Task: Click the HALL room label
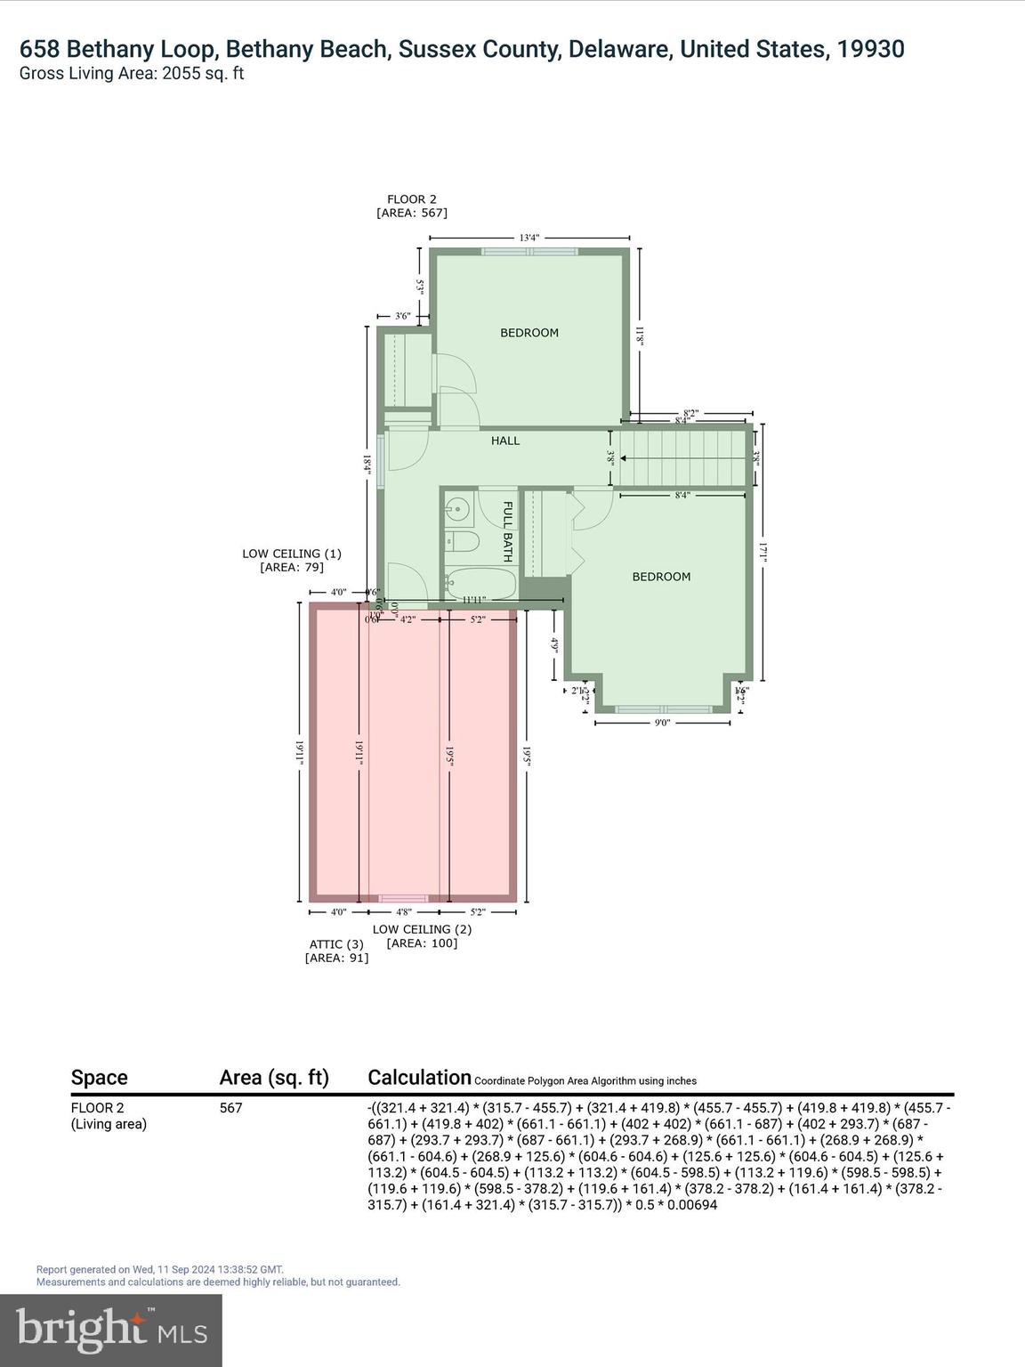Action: click(505, 441)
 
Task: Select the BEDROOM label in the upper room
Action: click(529, 333)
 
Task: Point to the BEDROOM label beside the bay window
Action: click(661, 577)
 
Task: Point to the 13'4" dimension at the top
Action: click(529, 238)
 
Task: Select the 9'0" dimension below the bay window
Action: click(661, 724)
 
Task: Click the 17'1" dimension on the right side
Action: click(763, 553)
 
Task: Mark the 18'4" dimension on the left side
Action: click(366, 463)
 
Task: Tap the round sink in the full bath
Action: click(457, 510)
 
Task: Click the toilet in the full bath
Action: click(461, 541)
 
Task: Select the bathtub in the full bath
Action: click(480, 585)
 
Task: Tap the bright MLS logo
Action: click(111, 1330)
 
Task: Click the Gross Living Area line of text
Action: click(132, 74)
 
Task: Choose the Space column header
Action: click(99, 1078)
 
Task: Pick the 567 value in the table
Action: click(230, 1108)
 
